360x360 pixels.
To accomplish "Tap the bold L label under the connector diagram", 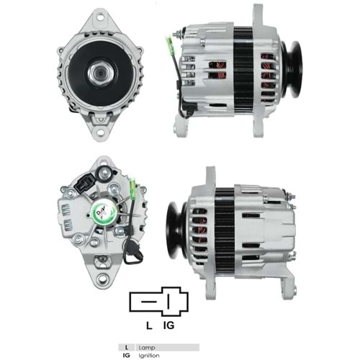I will click(148, 325).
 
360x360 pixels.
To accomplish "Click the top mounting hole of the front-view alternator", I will click(96, 15).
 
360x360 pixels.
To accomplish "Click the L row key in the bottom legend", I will click(127, 347).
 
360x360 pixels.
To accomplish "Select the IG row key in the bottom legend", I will click(127, 355).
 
